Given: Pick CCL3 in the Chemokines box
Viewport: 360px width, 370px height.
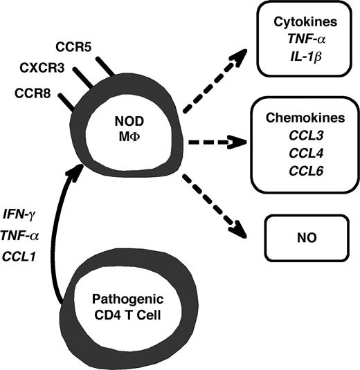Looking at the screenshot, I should point(302,138).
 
